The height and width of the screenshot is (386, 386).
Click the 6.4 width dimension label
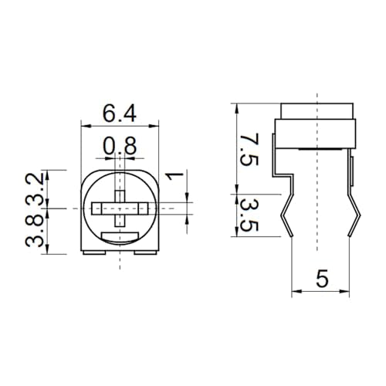pos(120,113)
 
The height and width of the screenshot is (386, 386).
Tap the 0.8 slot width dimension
pos(120,146)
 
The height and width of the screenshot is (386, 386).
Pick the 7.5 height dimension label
pos(249,150)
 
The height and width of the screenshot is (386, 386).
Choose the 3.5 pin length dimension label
pos(249,215)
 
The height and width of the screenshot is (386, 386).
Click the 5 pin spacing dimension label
pos(322,279)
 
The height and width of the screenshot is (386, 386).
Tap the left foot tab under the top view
pos(94,252)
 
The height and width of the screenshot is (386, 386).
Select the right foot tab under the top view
pos(146,252)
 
